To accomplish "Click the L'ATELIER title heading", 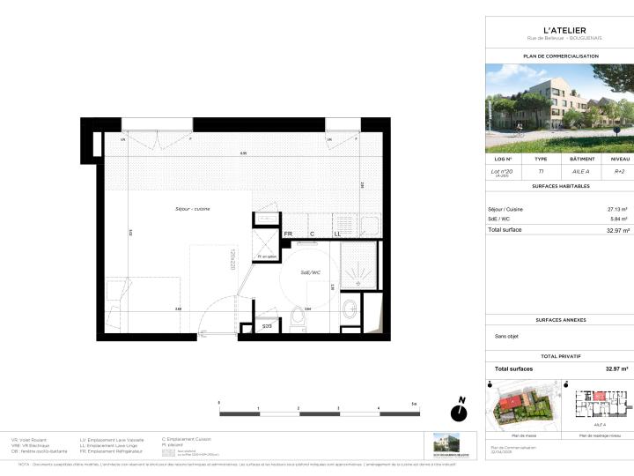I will pos(560,29).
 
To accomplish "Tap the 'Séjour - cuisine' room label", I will pos(166,208).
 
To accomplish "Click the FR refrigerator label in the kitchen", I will pos(288,234).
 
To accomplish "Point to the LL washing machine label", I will pos(337,234).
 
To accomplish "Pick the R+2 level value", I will pos(619,171).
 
